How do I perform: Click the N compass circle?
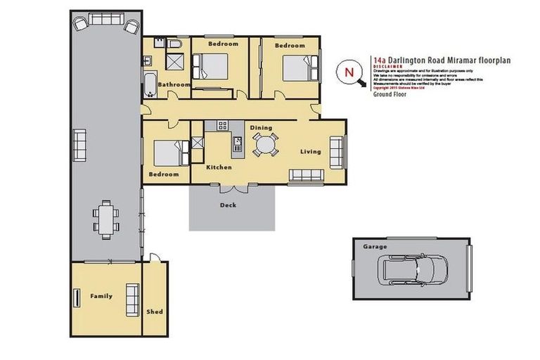[348, 71]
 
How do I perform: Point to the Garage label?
[371, 247]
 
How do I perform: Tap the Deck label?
[228, 205]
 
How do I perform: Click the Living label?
[311, 151]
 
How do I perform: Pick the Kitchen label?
[219, 167]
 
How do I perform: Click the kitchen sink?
[238, 144]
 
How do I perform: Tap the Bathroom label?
[174, 85]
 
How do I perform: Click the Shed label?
[155, 311]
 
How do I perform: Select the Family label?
[101, 296]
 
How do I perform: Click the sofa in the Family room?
[131, 298]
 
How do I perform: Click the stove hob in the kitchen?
[223, 126]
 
